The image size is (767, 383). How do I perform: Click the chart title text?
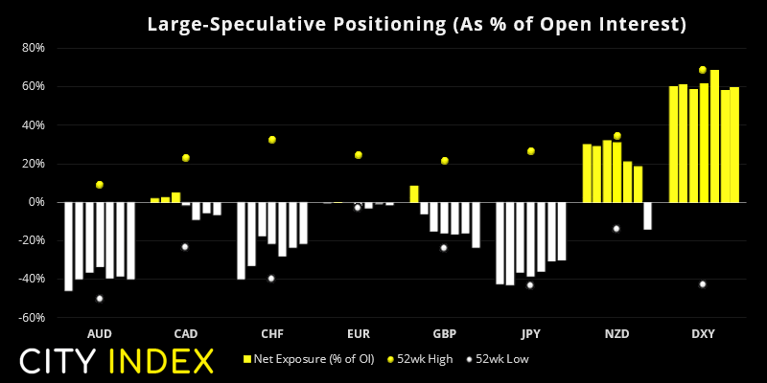pyautogui.click(x=416, y=24)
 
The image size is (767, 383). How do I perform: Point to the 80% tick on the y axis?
pyautogui.click(x=33, y=48)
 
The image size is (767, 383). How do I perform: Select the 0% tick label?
pyautogui.click(x=37, y=202)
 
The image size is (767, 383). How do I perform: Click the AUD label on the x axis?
pyautogui.click(x=100, y=334)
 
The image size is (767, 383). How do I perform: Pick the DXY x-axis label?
pyautogui.click(x=703, y=334)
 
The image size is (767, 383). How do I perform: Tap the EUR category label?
pyautogui.click(x=359, y=334)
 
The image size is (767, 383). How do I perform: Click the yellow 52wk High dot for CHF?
pyautogui.click(x=272, y=140)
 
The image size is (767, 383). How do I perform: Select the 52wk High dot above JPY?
pyautogui.click(x=530, y=151)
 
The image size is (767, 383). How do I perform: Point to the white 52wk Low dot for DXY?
pyautogui.click(x=703, y=284)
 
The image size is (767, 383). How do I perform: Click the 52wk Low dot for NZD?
pyautogui.click(x=616, y=229)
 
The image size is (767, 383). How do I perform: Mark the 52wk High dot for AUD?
pyautogui.click(x=100, y=185)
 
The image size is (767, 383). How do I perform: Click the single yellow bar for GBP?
pyautogui.click(x=414, y=193)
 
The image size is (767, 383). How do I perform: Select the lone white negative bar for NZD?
pyautogui.click(x=647, y=215)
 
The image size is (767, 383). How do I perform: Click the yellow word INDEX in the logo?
pyautogui.click(x=161, y=361)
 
